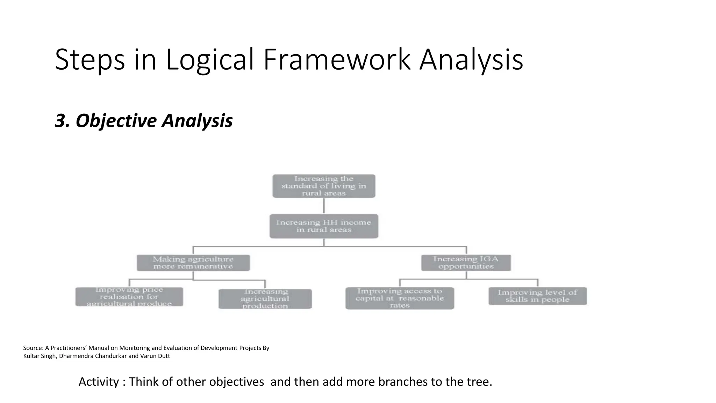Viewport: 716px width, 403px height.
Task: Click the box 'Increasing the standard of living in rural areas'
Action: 324,186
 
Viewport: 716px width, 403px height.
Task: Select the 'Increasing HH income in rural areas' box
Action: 324,226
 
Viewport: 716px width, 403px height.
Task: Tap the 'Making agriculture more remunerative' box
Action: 193,263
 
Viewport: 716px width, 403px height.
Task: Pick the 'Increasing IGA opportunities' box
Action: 466,263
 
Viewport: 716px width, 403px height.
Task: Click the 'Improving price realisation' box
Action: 129,297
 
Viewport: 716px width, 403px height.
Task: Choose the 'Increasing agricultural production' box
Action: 265,299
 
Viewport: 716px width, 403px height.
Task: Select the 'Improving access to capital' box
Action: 400,298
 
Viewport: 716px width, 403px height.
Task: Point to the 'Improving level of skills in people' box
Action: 537,296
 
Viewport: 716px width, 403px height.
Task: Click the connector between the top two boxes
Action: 324,206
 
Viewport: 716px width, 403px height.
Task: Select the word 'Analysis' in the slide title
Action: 471,59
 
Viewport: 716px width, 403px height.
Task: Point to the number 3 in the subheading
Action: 60,121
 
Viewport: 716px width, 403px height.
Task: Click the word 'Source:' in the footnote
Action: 33,348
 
